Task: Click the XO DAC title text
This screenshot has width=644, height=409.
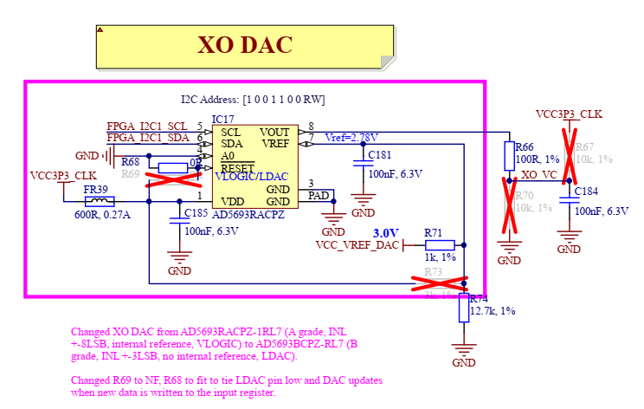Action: coord(245,45)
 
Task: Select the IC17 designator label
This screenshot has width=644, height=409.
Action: coord(222,119)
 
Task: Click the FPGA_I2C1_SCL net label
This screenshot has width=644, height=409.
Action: coord(147,126)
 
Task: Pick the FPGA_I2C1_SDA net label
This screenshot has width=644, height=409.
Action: coord(147,138)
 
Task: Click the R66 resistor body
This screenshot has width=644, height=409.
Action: coord(510,157)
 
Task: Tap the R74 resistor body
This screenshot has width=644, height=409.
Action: coord(466,308)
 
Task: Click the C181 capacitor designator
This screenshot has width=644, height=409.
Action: coord(380,155)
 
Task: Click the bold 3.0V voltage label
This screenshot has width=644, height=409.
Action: coord(385,233)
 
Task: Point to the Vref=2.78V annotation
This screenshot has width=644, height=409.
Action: coord(351,138)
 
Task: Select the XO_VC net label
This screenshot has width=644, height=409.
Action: coord(539,174)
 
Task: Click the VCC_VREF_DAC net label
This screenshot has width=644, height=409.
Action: coord(357,245)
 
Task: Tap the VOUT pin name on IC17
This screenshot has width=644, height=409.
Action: coord(274,132)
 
